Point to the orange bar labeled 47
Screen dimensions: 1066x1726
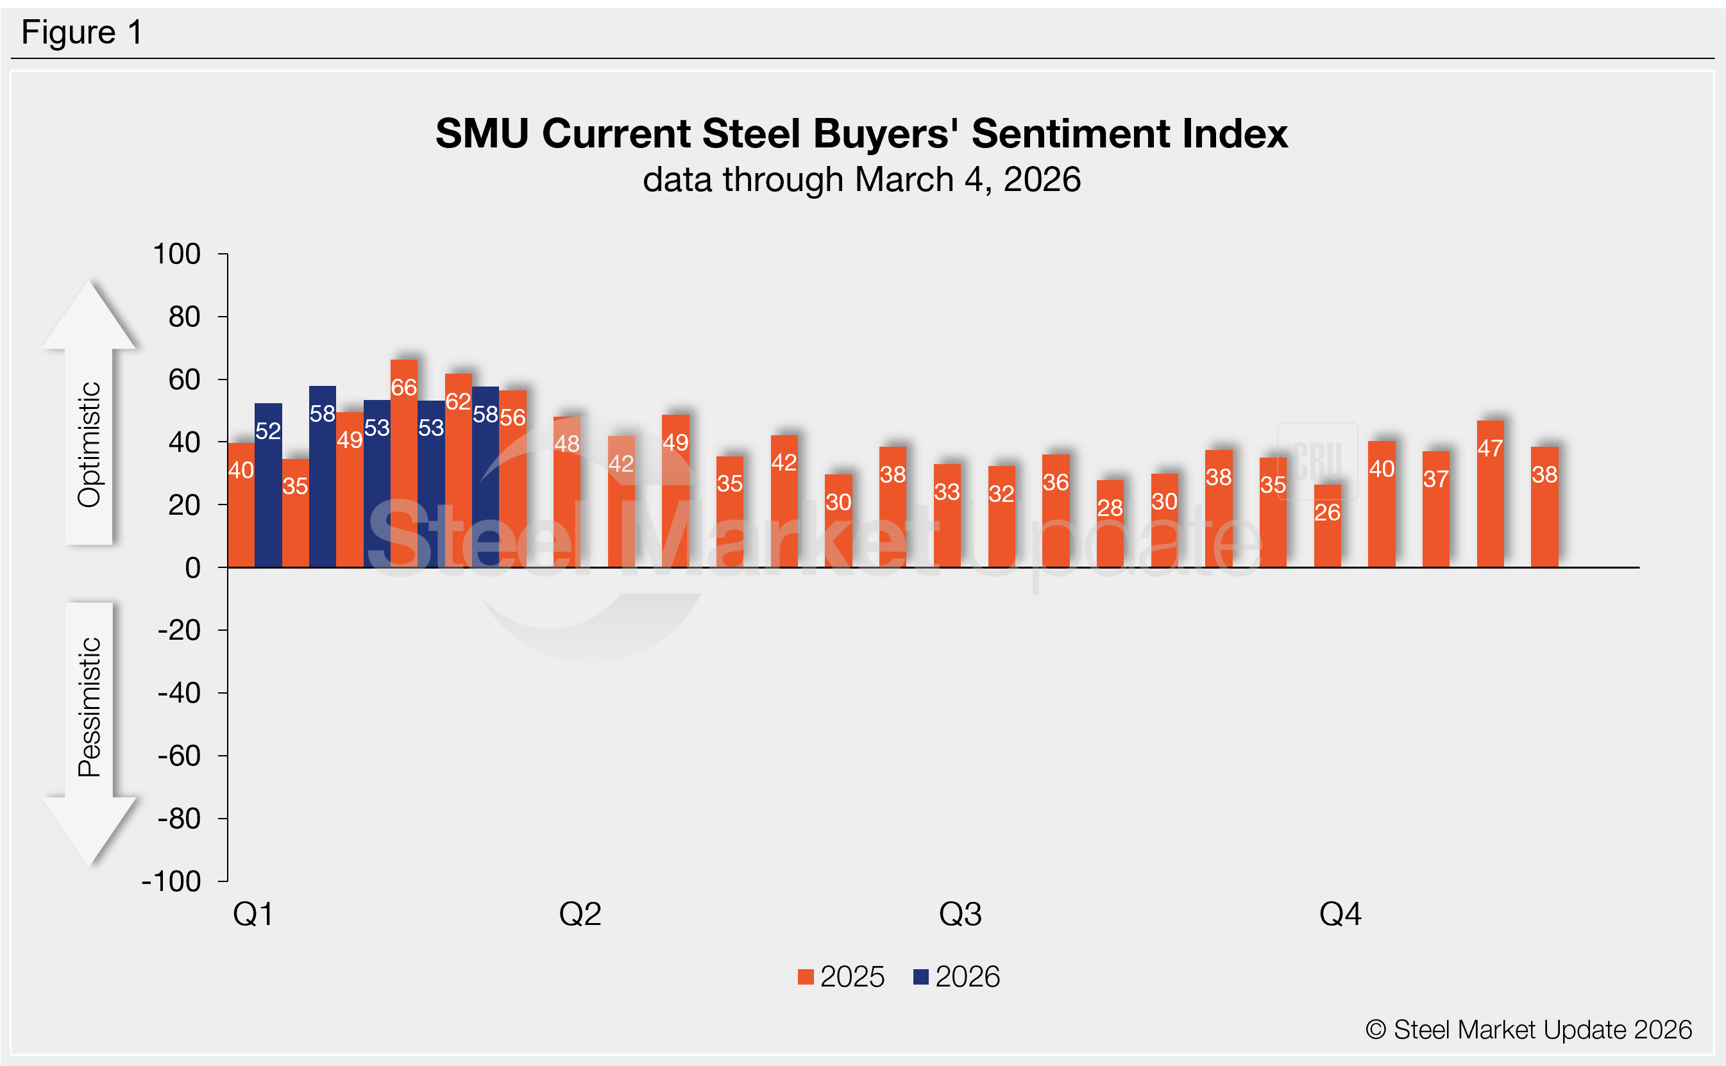coord(1490,494)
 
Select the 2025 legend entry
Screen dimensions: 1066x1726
coord(841,977)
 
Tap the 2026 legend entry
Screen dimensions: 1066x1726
coord(956,977)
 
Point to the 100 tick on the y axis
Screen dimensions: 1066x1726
coord(177,254)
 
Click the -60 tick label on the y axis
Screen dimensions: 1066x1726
coord(179,756)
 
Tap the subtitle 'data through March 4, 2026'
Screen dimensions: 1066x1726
coord(861,179)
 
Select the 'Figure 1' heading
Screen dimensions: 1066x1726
coord(82,33)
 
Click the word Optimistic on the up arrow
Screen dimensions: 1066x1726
coord(90,444)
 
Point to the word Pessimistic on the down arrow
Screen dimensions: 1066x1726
coord(90,707)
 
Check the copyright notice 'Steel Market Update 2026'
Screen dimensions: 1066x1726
coord(1528,1030)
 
